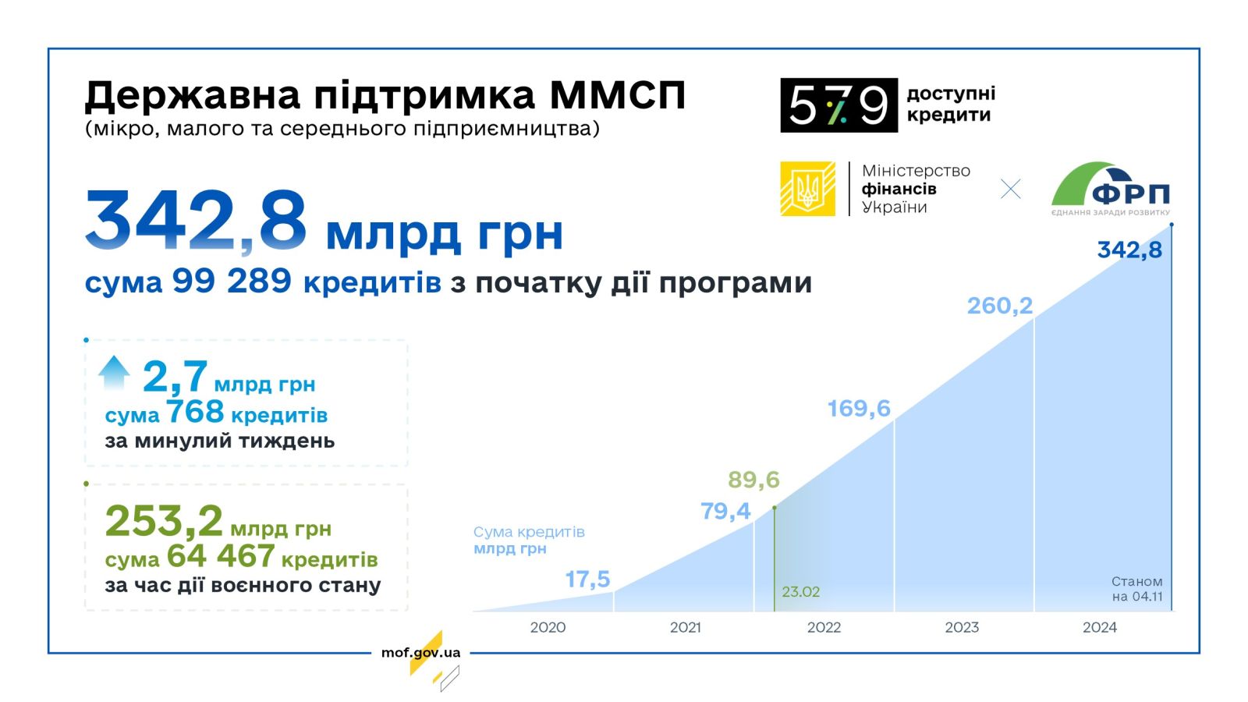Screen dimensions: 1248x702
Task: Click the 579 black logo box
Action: click(x=838, y=105)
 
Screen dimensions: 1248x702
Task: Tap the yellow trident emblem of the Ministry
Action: click(x=807, y=188)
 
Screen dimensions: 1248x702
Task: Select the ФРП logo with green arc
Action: click(x=1111, y=189)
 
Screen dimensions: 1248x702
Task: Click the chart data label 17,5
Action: click(x=587, y=580)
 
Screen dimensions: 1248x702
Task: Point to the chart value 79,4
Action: click(x=725, y=511)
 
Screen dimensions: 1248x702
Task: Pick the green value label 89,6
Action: click(x=753, y=480)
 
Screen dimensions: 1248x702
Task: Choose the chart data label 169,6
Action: click(x=859, y=409)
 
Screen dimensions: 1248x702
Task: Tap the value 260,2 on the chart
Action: click(x=999, y=305)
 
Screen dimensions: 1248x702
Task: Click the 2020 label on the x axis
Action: click(x=548, y=627)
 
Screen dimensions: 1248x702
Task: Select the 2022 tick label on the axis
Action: click(x=824, y=627)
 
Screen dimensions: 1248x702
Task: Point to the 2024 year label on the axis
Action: click(x=1100, y=627)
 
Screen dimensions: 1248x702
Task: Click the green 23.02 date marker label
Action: click(x=800, y=592)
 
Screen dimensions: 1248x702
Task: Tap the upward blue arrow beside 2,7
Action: click(x=114, y=372)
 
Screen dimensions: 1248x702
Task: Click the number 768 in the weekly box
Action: click(x=195, y=413)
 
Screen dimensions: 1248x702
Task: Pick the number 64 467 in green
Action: click(x=221, y=556)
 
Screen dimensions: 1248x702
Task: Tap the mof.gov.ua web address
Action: click(x=420, y=652)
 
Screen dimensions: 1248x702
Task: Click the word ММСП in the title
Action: click(x=617, y=94)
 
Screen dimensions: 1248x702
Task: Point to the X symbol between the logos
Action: click(x=1011, y=189)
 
